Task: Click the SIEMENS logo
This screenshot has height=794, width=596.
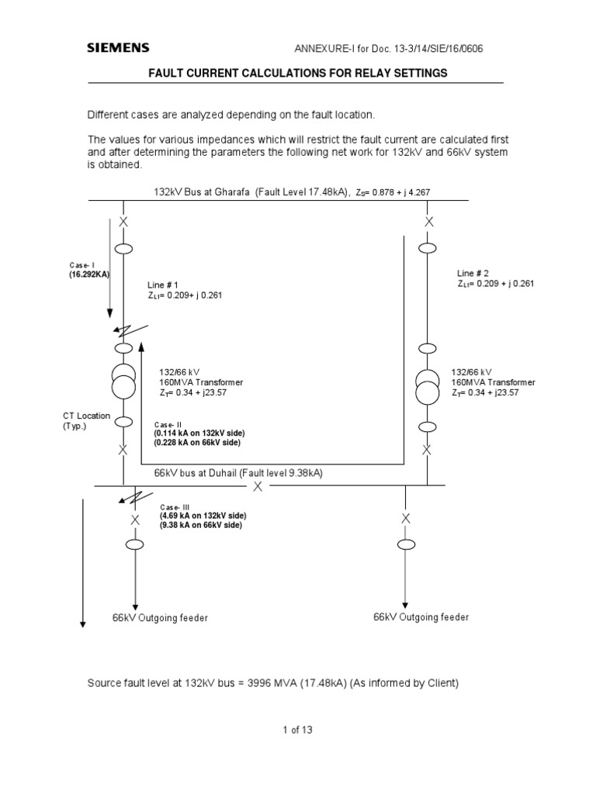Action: (117, 48)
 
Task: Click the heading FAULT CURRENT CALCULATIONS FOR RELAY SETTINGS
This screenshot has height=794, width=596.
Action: (298, 73)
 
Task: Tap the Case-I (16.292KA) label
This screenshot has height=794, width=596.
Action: (86, 269)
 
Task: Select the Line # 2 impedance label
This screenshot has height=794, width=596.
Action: (495, 278)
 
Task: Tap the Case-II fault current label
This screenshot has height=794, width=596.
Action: (196, 433)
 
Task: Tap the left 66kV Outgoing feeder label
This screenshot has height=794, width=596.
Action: (161, 618)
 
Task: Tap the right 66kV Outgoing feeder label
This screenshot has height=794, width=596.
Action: (421, 617)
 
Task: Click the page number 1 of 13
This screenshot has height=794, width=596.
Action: (297, 730)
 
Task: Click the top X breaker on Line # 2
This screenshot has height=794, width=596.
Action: (426, 222)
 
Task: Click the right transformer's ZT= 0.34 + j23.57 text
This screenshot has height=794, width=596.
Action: (485, 393)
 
